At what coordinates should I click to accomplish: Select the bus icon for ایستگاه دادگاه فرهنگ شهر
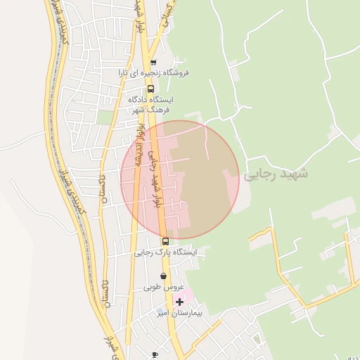[x=150, y=89]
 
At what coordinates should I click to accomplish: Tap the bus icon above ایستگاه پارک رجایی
[x=166, y=241]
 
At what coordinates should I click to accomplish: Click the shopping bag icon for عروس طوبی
[x=164, y=276]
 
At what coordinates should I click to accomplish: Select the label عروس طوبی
[x=164, y=287]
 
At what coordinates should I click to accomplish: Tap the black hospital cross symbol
[x=180, y=301]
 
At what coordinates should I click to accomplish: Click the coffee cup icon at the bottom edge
[x=155, y=355]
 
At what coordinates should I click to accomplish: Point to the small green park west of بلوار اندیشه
[x=105, y=117]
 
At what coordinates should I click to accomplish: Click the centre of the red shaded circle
[x=180, y=180]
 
